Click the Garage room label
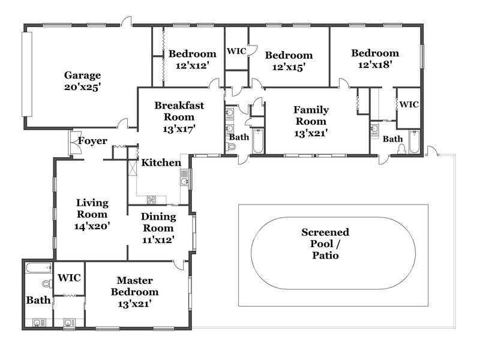click(x=82, y=76)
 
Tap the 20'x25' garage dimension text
click(x=83, y=87)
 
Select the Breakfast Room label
click(x=179, y=111)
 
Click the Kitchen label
click(x=161, y=163)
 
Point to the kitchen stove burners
click(x=152, y=200)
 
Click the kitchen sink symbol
click(x=185, y=178)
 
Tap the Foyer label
click(x=92, y=141)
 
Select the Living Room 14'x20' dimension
click(x=92, y=226)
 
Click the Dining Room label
click(x=158, y=222)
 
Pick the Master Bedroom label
click(x=134, y=286)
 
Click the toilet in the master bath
click(x=47, y=284)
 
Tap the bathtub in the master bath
click(x=39, y=268)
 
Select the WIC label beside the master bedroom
click(x=69, y=278)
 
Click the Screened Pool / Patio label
click(x=325, y=244)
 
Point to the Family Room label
click(x=311, y=115)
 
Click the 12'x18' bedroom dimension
click(x=376, y=65)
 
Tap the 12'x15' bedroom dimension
click(x=289, y=67)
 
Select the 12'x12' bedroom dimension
click(x=193, y=65)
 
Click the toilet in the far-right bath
click(x=401, y=149)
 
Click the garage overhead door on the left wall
click(x=27, y=74)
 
